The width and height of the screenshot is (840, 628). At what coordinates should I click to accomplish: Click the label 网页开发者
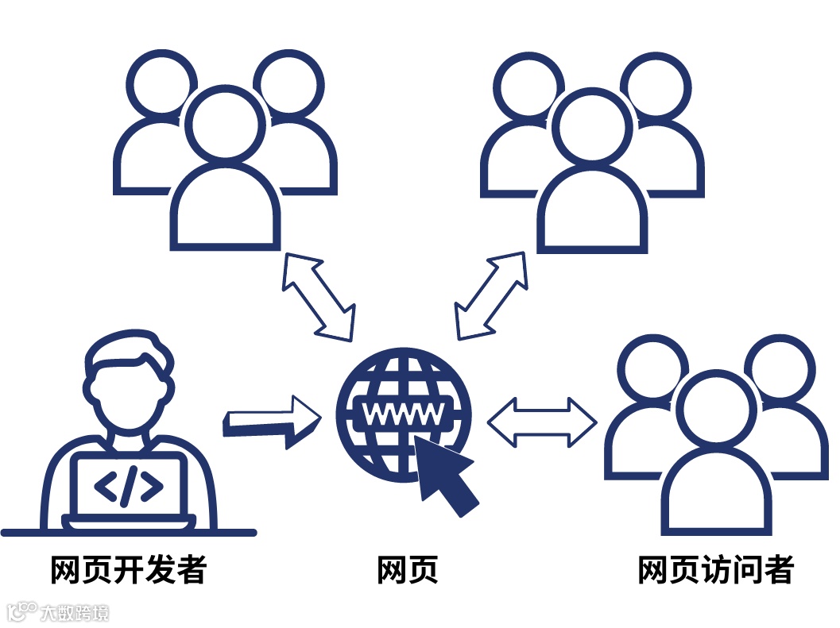(128, 570)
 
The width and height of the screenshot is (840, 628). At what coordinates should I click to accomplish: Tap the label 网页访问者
(715, 570)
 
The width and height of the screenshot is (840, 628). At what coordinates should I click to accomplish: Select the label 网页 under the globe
(407, 570)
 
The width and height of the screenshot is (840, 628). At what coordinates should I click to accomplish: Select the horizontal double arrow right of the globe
(541, 418)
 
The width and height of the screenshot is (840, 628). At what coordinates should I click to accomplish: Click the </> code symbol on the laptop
(129, 486)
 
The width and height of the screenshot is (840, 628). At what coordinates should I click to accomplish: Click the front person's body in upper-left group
(226, 210)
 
